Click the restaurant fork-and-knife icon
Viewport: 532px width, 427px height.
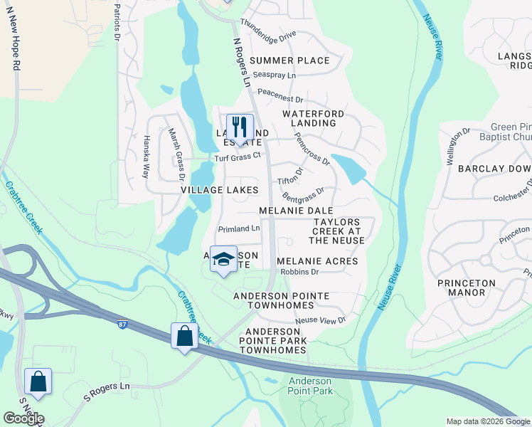240,127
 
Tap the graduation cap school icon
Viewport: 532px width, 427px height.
223,260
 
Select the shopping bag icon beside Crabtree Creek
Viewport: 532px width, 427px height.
184,336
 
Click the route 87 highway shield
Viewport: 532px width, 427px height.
122,325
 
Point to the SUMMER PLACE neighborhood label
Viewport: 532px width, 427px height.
289,60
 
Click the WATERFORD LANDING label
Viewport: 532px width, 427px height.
314,118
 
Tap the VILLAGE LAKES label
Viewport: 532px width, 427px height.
218,190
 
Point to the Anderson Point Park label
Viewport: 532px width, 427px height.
310,386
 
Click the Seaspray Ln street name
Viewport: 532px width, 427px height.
274,75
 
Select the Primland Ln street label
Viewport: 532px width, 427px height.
239,228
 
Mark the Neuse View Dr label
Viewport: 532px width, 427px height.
320,321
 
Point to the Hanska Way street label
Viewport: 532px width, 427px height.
147,156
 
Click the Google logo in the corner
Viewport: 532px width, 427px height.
23,418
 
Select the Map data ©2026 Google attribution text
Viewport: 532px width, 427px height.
488,421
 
